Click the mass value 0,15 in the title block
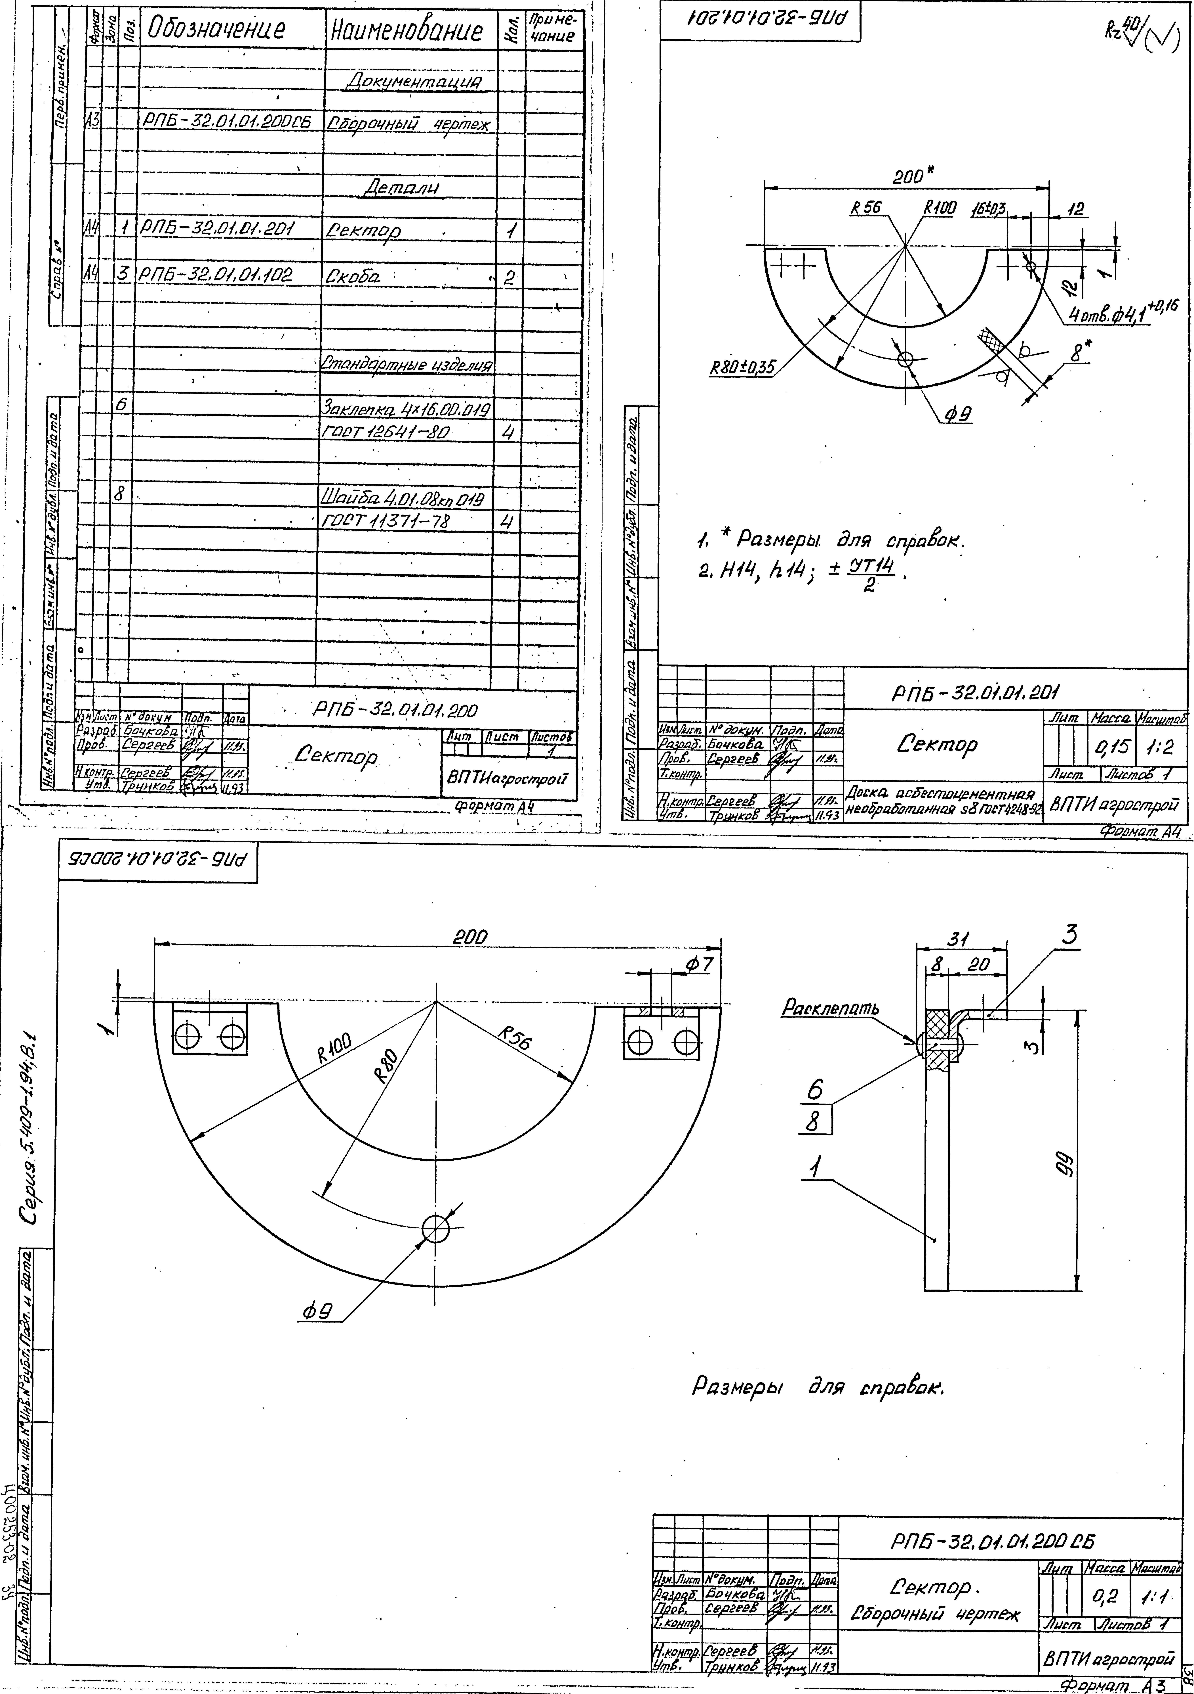[x=1112, y=748]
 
